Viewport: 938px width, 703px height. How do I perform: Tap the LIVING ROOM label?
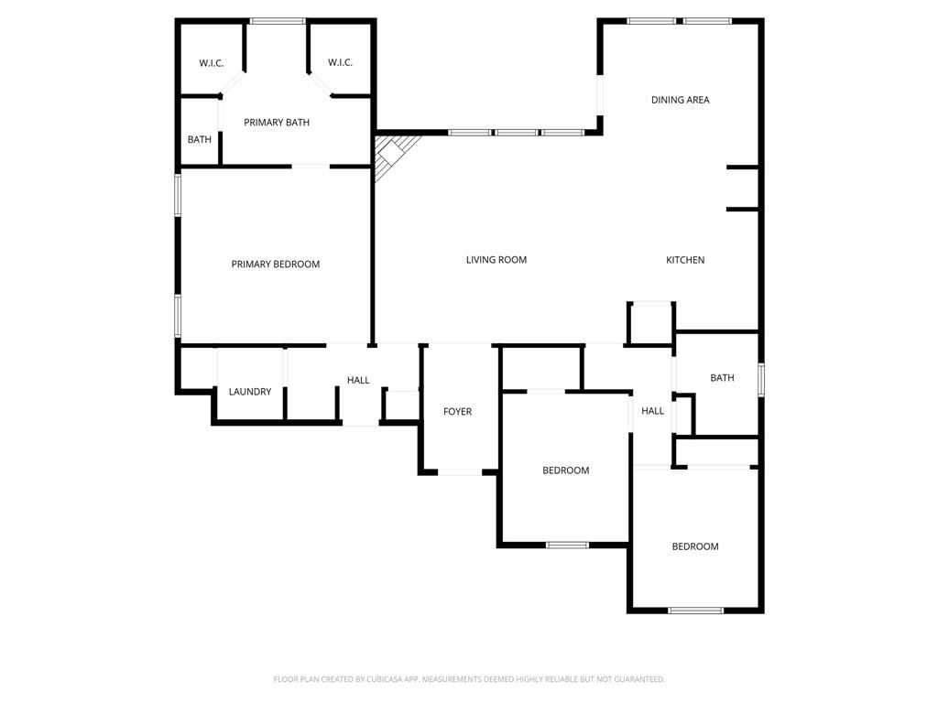click(496, 260)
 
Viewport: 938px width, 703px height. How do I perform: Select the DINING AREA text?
click(680, 100)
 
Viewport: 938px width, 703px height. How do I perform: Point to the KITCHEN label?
click(685, 260)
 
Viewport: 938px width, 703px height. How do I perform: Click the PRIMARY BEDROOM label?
click(276, 265)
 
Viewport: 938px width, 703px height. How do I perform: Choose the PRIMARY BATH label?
click(277, 123)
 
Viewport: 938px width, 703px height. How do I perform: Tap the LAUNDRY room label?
click(250, 392)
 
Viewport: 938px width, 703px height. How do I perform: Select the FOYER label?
click(458, 412)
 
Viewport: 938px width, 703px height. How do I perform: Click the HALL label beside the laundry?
click(358, 380)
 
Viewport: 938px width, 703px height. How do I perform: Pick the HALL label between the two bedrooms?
click(652, 411)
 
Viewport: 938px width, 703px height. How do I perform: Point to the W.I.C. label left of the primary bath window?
click(212, 63)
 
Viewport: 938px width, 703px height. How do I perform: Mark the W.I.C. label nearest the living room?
click(340, 62)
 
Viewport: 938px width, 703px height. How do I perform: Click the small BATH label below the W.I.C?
click(200, 140)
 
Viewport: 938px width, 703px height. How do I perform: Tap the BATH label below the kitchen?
click(722, 378)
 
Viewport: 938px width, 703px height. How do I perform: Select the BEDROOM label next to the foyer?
click(565, 470)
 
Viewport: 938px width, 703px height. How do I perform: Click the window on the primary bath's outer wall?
click(278, 20)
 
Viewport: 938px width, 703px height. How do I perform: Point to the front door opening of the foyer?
click(459, 472)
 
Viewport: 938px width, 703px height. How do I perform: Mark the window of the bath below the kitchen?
click(761, 379)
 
